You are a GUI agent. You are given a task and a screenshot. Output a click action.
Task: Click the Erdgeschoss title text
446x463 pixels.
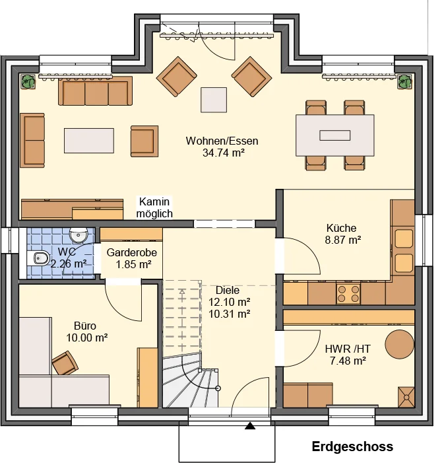[352, 446]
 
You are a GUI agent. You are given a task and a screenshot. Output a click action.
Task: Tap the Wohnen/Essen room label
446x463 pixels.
[222, 141]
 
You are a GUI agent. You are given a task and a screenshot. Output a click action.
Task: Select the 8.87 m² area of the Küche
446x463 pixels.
[343, 240]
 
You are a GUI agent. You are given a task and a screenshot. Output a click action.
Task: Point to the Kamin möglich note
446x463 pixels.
[154, 207]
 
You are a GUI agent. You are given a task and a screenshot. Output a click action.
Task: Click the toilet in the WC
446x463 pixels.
[39, 258]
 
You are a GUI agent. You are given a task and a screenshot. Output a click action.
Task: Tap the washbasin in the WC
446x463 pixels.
[79, 235]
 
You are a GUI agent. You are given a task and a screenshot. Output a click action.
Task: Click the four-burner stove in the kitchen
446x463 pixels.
[348, 293]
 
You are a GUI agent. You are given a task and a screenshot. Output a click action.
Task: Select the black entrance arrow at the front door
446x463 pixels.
[250, 425]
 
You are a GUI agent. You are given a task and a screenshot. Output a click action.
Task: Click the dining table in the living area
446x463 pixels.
[334, 135]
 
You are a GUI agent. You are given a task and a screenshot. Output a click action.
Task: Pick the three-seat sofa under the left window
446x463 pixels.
[95, 91]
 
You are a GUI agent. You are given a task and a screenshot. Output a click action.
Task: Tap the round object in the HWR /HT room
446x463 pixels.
[400, 345]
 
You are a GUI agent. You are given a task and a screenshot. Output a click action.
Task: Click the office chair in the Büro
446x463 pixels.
[65, 363]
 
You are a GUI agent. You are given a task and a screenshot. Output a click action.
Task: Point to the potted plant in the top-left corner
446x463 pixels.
[28, 82]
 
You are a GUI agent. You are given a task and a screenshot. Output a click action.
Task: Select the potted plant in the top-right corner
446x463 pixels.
[404, 82]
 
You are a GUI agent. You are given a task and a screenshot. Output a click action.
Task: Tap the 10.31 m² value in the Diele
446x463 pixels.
[230, 314]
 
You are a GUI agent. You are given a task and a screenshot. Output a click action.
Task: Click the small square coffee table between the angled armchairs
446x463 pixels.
[214, 100]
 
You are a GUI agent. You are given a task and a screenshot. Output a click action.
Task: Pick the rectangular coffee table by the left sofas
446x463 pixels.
[89, 141]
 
